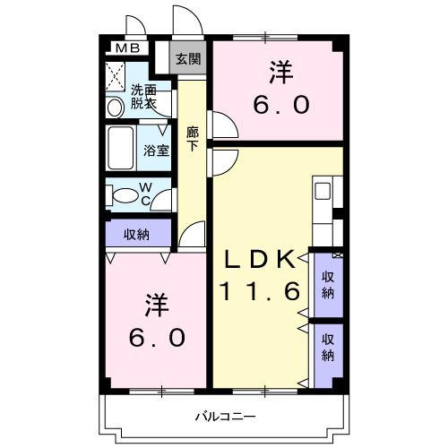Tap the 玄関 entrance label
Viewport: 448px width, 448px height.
(x=187, y=60)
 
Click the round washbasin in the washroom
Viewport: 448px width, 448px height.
(x=115, y=108)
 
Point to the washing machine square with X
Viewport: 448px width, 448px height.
(x=116, y=73)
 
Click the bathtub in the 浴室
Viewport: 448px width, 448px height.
(x=121, y=149)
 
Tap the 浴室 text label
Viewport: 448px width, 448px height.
(x=156, y=150)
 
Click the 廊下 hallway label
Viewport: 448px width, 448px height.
(x=193, y=138)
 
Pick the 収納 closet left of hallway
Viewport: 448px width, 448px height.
(x=136, y=234)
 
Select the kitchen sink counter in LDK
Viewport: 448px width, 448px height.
(x=323, y=193)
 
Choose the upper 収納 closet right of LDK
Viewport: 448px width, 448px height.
(x=329, y=282)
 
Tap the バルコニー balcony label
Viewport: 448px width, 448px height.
(x=227, y=417)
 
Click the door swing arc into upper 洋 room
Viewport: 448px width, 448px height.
(x=221, y=125)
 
